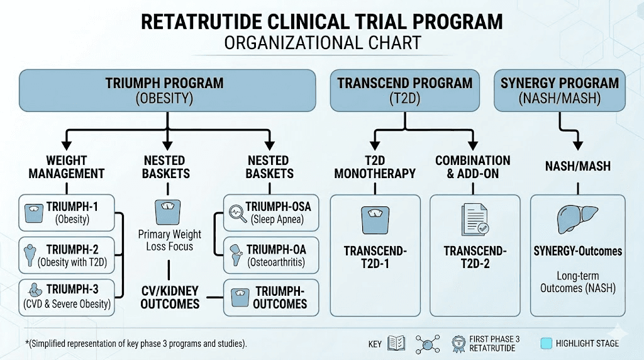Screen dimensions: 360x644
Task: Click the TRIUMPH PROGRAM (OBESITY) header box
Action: click(x=167, y=90)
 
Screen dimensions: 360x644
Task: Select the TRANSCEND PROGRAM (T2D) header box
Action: click(x=405, y=90)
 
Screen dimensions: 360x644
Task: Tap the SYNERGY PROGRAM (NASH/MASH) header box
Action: click(x=559, y=90)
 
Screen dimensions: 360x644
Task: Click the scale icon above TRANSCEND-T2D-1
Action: click(x=375, y=220)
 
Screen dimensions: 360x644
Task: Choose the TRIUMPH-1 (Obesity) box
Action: click(x=67, y=213)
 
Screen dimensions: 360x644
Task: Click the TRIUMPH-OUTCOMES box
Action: click(x=271, y=297)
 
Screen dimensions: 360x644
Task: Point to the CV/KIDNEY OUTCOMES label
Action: click(x=169, y=297)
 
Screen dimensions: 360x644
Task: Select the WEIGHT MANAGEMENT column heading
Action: click(x=66, y=167)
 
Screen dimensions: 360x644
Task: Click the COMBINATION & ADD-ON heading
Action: click(x=472, y=167)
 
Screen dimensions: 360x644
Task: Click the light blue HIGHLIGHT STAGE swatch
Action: click(x=546, y=343)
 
